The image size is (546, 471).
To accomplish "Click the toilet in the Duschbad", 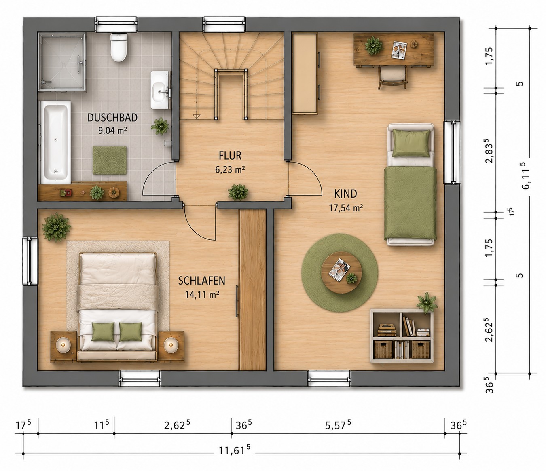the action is coord(119,47).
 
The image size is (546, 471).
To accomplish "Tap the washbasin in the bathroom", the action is coord(160,90).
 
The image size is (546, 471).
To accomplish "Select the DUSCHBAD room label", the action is coord(112,118).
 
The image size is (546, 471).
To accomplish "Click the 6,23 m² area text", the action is coord(230,169).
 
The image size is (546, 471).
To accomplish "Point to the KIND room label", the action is coord(345,194).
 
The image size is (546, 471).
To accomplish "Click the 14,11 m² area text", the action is coord(202,294).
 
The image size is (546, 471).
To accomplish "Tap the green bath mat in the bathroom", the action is coord(110,160).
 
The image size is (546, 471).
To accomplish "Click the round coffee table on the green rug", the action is coord(341,273).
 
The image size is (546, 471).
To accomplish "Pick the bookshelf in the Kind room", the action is coord(402,336).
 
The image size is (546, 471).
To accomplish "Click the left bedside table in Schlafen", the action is coord(63,346).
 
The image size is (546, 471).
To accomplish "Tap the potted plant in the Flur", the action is coord(238,192).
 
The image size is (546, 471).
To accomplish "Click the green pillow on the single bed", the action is coord(411,143).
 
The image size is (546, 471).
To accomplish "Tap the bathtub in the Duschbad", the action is coord(55,142).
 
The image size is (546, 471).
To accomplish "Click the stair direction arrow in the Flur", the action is coord(197,116).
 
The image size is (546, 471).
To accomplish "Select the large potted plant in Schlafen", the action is coord(56,227).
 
